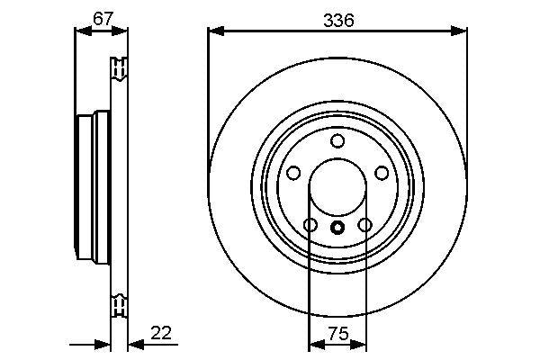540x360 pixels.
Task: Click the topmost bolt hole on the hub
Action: (x=337, y=140)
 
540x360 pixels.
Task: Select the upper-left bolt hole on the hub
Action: (x=293, y=173)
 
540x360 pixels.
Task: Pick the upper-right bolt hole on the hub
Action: (x=382, y=173)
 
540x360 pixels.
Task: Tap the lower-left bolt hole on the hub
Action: (x=310, y=225)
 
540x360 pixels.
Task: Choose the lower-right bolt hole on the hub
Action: (x=364, y=225)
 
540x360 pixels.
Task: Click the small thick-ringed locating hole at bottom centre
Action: (x=337, y=227)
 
